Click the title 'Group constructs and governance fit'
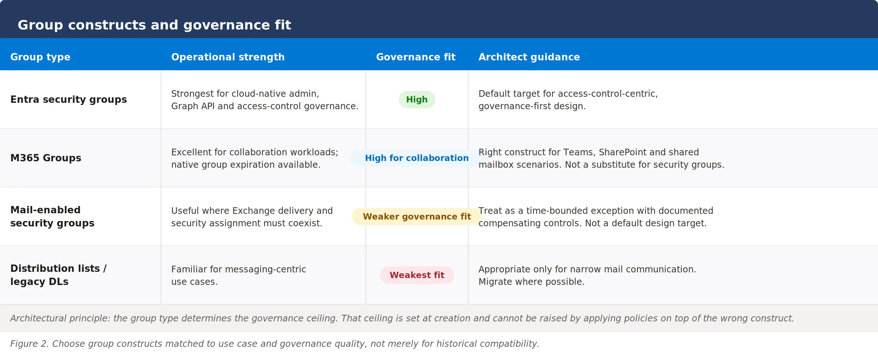(154, 25)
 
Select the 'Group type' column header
(40, 57)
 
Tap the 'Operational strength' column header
(228, 57)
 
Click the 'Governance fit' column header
(416, 57)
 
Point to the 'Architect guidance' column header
(529, 57)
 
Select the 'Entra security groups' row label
(68, 100)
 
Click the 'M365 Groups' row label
(46, 158)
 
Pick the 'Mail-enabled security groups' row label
(52, 217)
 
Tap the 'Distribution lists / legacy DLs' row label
(59, 275)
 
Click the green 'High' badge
(417, 100)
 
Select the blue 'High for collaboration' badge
(417, 158)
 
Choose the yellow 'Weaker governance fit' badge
(417, 217)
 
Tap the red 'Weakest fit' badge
(417, 275)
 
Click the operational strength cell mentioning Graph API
(264, 100)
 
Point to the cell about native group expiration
(255, 158)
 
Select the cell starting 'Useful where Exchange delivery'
(252, 217)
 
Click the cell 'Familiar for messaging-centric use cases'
(239, 275)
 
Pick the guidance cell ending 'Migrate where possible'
(587, 275)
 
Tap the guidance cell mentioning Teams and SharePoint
(601, 158)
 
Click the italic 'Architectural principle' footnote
(402, 318)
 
